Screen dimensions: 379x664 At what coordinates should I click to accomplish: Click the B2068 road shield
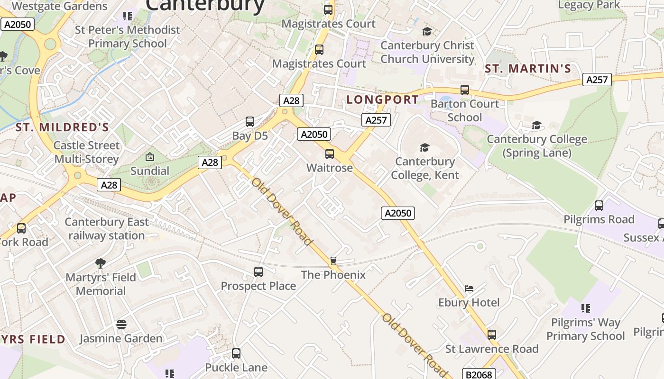[479, 375]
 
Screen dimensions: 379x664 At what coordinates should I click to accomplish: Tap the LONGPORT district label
[383, 99]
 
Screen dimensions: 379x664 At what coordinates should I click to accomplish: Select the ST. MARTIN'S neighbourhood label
[528, 69]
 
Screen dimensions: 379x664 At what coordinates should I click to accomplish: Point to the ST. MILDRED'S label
[62, 127]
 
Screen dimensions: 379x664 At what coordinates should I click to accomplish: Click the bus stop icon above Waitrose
[330, 154]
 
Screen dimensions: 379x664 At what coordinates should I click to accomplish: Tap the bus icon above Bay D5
[250, 122]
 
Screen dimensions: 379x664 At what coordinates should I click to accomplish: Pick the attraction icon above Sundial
[150, 157]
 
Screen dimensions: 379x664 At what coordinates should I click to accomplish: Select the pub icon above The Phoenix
[333, 261]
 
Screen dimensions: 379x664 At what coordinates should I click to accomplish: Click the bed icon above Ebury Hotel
[469, 288]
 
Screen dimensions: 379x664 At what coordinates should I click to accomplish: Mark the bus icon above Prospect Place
[258, 272]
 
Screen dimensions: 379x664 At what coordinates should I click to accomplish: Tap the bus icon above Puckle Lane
[236, 353]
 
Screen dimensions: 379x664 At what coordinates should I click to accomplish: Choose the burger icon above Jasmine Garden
[121, 325]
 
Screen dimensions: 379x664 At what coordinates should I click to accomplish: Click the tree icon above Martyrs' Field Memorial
[100, 263]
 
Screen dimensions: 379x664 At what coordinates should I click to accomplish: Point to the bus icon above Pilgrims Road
[599, 206]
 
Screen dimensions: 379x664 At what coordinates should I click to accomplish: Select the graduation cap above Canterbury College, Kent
[424, 148]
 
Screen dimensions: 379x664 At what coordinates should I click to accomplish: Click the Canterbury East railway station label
[107, 229]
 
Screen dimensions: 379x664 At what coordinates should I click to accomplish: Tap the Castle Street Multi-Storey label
[86, 152]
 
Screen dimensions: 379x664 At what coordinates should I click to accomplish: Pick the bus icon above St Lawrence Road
[492, 335]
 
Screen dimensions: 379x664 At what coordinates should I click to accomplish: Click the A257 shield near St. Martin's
[597, 80]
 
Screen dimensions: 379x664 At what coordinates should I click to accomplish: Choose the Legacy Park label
[589, 5]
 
